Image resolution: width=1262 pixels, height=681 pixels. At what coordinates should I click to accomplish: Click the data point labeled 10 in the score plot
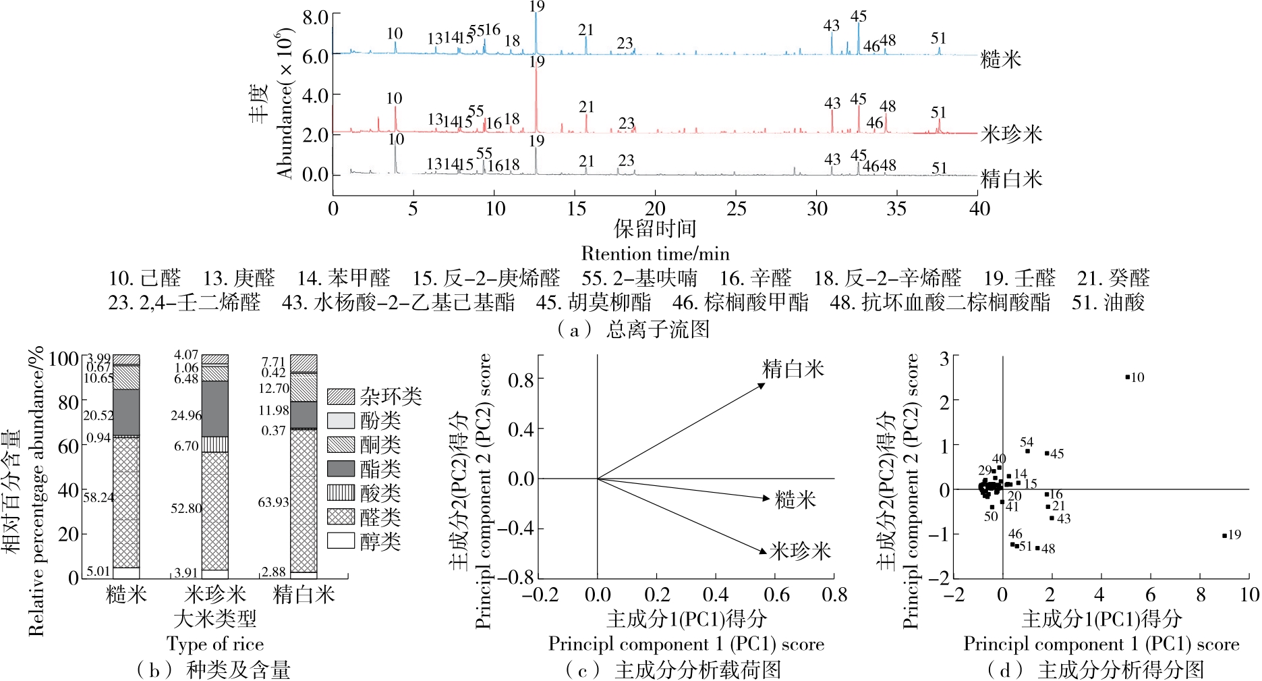[x=1127, y=377]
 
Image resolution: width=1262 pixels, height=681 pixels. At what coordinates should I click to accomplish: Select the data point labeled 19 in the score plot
[x=1224, y=536]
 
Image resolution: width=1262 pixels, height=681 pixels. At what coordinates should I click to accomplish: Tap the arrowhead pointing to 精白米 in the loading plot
[x=762, y=385]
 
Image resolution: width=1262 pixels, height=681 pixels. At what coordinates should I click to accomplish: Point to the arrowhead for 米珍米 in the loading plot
[x=763, y=551]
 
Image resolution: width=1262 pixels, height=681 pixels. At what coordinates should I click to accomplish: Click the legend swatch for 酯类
[x=341, y=468]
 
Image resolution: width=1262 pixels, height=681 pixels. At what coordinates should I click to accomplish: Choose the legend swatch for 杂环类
[x=341, y=396]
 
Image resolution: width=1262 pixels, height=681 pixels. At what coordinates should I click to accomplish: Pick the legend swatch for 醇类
[x=341, y=541]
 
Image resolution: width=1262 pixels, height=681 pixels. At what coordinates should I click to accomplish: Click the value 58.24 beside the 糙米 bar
[x=98, y=497]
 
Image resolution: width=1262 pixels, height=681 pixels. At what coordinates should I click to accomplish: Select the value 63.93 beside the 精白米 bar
[x=273, y=502]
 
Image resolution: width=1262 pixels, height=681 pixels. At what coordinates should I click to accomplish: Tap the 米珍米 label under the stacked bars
[x=215, y=595]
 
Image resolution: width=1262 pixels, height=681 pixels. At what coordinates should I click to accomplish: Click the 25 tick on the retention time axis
[x=736, y=209]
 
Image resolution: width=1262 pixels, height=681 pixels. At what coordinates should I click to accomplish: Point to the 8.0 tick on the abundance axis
[x=315, y=17]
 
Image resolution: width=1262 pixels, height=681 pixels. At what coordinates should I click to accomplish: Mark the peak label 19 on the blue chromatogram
[x=537, y=7]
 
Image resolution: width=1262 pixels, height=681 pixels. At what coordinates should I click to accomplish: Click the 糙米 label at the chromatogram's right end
[x=1001, y=59]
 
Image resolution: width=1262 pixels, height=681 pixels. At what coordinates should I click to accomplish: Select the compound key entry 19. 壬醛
[x=1019, y=278]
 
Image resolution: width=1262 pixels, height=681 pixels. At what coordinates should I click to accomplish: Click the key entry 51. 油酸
[x=1108, y=302]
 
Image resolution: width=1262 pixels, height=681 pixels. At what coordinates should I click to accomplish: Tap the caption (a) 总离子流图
[x=632, y=329]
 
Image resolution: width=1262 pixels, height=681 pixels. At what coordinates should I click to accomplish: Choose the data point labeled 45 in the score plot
[x=1047, y=453]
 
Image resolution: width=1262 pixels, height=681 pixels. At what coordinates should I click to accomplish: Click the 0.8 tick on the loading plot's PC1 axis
[x=834, y=595]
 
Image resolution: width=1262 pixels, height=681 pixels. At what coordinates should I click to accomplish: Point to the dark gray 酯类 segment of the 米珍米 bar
[x=215, y=408]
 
